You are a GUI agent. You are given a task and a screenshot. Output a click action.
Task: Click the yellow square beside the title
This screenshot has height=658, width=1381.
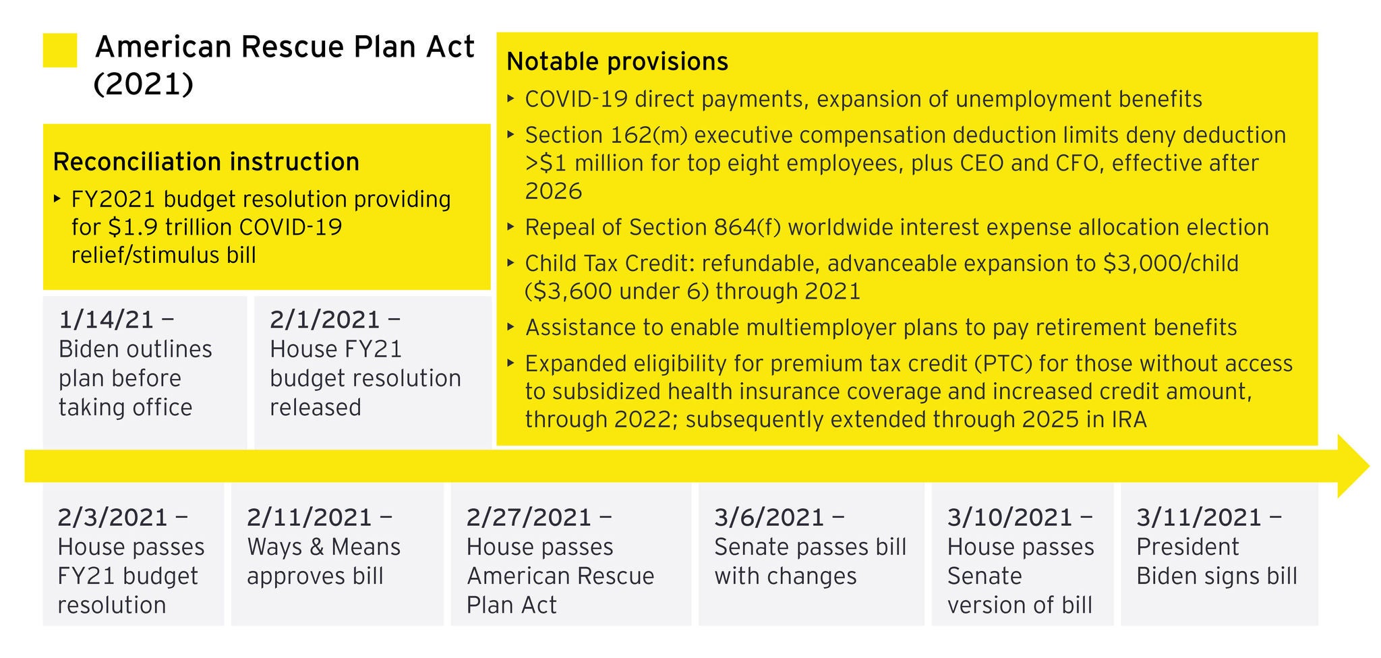[59, 51]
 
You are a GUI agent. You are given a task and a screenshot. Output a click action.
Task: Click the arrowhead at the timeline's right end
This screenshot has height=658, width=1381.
[1352, 467]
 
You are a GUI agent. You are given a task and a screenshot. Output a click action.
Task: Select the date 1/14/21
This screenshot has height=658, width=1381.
[107, 320]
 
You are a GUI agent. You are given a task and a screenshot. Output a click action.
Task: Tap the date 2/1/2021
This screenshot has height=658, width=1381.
[325, 320]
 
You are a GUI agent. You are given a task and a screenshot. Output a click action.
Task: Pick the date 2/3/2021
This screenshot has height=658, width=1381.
[113, 518]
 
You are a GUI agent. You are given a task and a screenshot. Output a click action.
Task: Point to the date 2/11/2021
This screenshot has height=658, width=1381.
[310, 518]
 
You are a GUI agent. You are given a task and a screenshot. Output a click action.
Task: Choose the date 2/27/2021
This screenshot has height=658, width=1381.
[529, 518]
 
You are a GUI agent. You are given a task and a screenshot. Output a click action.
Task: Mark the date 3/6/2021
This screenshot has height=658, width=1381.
[769, 518]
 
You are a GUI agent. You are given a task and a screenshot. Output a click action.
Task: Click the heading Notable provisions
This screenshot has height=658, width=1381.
[617, 62]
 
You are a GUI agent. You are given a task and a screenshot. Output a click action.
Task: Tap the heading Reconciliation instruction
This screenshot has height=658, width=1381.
[206, 162]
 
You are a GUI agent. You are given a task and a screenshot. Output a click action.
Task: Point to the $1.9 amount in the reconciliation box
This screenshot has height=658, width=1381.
[125, 227]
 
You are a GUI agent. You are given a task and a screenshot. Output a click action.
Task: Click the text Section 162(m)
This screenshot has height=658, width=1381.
[606, 136]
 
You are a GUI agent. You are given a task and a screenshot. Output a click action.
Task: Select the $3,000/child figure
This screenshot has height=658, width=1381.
[1171, 264]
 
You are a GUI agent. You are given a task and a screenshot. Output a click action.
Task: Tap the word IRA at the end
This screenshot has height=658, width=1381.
[1129, 420]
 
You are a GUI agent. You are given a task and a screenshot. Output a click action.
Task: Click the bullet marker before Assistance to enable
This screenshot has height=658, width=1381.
[511, 328]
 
